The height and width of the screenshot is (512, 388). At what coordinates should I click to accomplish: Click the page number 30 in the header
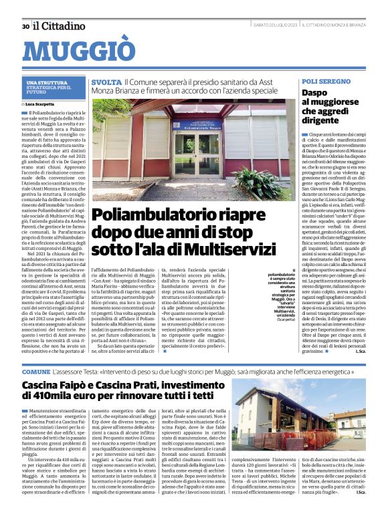click(25, 26)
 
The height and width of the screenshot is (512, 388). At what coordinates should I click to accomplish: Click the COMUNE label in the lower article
click(35, 372)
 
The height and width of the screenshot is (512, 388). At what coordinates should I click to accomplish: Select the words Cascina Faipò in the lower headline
click(54, 387)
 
